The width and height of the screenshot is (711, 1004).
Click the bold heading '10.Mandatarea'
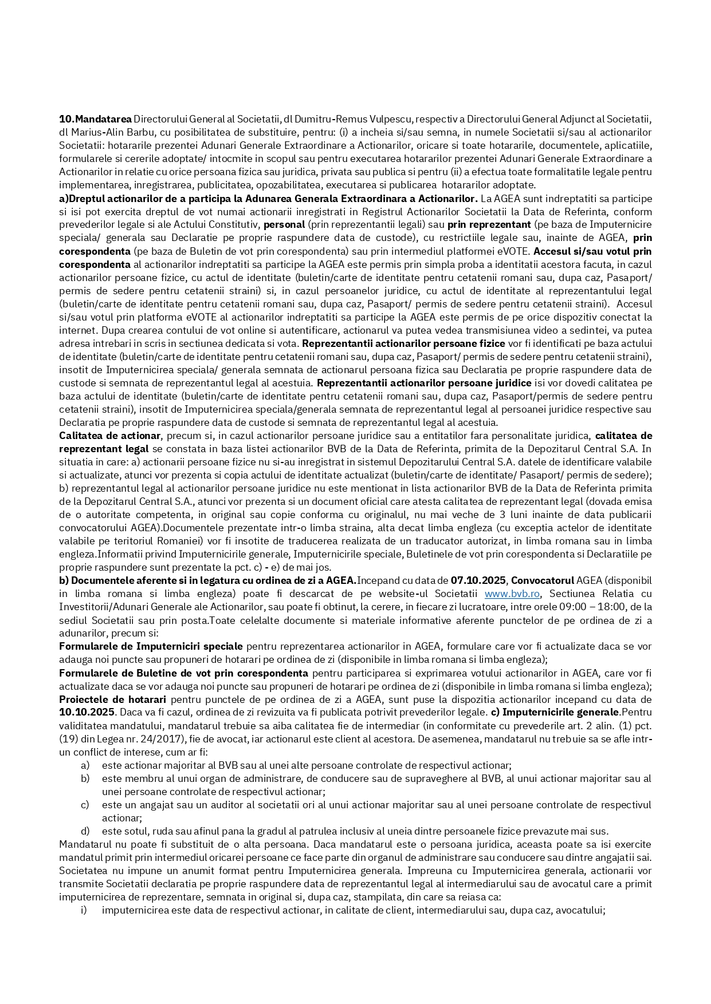pyautogui.click(x=95, y=119)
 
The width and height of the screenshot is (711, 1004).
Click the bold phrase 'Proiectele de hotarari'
pyautogui.click(x=112, y=699)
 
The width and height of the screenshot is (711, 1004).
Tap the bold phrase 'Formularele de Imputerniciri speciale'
pyautogui.click(x=151, y=646)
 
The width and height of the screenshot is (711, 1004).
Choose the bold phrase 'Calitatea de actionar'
pyautogui.click(x=110, y=436)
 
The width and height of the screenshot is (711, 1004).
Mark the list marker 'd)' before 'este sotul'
pyautogui.click(x=85, y=831)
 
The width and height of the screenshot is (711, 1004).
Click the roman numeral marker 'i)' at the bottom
pyautogui.click(x=84, y=910)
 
